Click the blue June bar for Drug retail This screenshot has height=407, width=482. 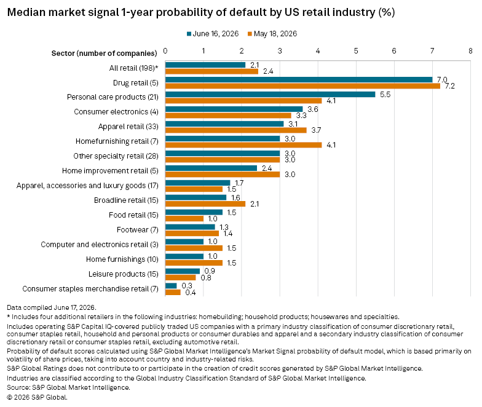[299, 80]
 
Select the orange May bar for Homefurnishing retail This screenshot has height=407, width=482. [243, 145]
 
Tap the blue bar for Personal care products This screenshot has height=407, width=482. [271, 95]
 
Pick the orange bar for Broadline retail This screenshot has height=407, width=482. [205, 204]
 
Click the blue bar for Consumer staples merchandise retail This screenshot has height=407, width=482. [171, 286]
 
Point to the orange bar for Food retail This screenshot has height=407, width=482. [184, 219]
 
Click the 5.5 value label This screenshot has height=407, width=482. [385, 95]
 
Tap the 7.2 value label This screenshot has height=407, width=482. [450, 86]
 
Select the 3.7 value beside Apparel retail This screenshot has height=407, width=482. [316, 130]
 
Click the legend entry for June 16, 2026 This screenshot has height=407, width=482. [213, 34]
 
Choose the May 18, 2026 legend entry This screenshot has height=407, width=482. [272, 34]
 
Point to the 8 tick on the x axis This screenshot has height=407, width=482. [470, 50]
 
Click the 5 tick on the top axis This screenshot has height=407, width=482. [356, 50]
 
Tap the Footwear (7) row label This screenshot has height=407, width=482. [138, 230]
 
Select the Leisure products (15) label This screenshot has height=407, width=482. [123, 274]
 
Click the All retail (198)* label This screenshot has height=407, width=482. [134, 68]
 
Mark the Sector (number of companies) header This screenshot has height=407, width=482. [105, 53]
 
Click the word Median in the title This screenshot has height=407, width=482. [26, 12]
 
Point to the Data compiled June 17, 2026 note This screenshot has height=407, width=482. [52, 307]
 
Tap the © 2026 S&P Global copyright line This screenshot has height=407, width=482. [37, 397]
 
